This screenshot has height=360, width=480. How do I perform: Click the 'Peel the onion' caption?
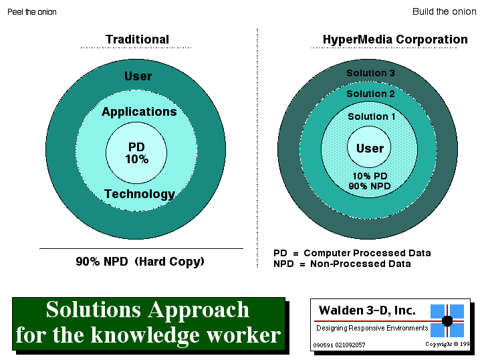[32, 12]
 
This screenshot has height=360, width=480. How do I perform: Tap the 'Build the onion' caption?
[444, 11]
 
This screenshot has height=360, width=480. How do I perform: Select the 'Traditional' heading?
[137, 39]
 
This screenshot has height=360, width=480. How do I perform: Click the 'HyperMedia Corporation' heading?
[395, 39]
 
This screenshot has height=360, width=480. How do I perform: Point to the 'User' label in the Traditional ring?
[138, 76]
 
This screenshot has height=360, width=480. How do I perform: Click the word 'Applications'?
[139, 112]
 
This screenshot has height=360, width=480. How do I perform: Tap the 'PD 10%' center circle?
[136, 153]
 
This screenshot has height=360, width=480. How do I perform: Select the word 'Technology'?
[140, 194]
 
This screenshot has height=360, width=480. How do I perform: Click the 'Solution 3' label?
[370, 73]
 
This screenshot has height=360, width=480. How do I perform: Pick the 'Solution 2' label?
[370, 94]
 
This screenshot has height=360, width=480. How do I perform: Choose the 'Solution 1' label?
[371, 116]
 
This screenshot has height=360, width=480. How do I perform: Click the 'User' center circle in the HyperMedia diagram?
[369, 147]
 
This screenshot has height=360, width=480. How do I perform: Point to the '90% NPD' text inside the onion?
[370, 186]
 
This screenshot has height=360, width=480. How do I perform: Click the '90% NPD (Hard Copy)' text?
[140, 262]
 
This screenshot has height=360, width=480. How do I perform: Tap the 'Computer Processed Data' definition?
[367, 253]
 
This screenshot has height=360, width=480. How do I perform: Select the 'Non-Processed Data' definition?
[360, 264]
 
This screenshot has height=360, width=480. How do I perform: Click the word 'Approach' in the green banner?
[199, 310]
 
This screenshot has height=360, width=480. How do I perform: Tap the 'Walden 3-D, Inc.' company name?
[367, 310]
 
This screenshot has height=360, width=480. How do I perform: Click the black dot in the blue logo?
[447, 321]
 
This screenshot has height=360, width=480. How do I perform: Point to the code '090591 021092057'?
[339, 345]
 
